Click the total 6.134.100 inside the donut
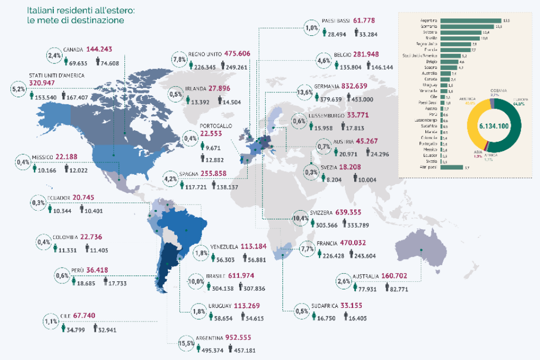click(493, 126)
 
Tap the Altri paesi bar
click(451, 168)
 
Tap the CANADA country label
click(73, 49)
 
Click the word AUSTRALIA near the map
click(367, 276)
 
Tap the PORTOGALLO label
click(216, 125)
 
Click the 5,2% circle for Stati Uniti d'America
click(18, 89)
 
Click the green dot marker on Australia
click(422, 250)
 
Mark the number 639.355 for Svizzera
click(355, 213)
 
